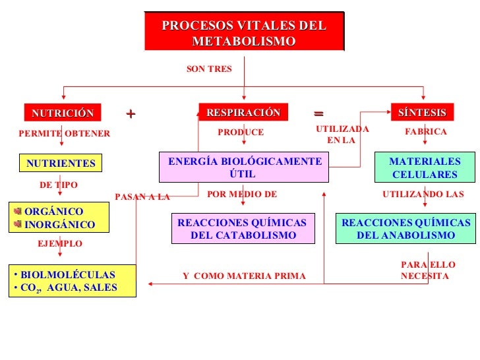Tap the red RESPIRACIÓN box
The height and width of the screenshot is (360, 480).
[243, 113]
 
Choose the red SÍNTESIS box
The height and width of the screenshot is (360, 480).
[422, 113]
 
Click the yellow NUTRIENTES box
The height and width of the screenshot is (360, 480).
[61, 163]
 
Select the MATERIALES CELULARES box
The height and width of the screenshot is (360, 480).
[424, 167]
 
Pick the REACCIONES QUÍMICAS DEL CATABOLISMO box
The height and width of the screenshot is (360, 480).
[242, 229]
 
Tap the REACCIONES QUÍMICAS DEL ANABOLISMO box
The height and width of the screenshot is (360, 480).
[405, 229]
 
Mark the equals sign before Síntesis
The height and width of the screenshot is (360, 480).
[318, 113]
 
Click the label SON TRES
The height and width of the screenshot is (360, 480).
[209, 69]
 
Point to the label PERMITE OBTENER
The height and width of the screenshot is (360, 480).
[65, 134]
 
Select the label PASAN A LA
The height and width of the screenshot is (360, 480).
[142, 196]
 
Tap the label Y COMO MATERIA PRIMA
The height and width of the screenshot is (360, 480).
[244, 276]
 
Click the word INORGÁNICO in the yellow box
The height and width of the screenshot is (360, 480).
[59, 225]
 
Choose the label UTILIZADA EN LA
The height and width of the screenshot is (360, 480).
[342, 135]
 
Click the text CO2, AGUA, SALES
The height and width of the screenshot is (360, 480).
[68, 287]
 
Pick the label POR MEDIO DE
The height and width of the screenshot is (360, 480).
[242, 195]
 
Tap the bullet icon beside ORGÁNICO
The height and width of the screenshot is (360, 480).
[18, 212]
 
